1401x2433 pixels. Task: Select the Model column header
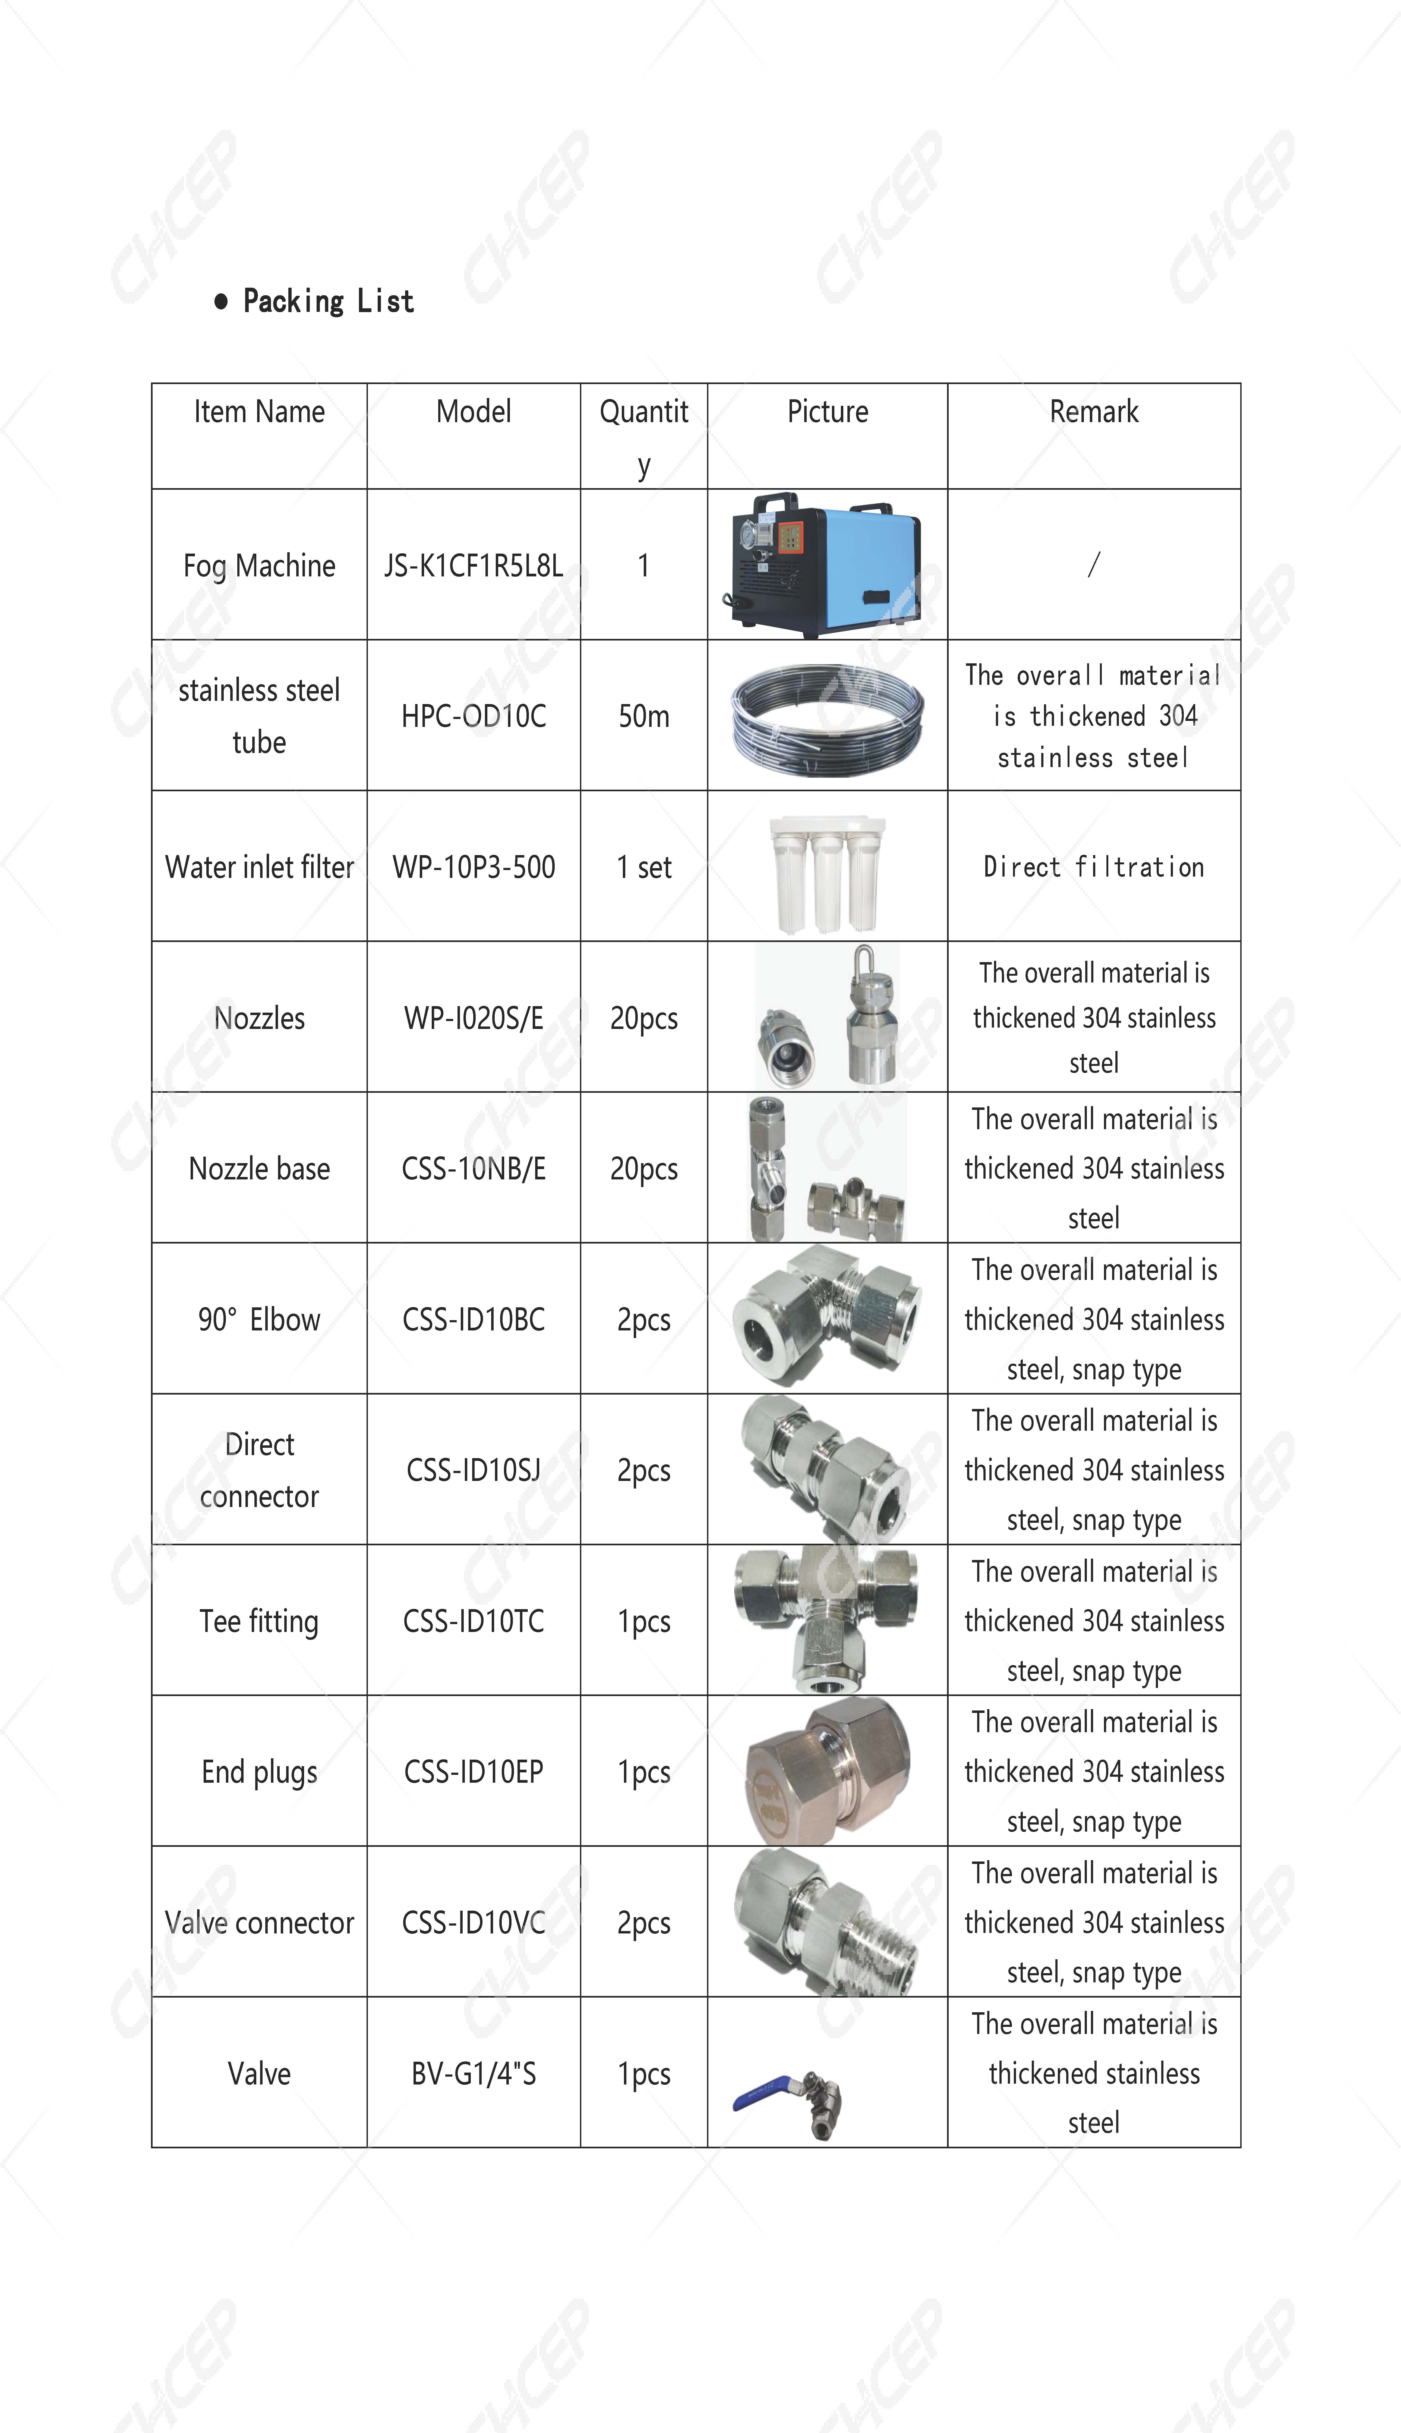[x=474, y=412]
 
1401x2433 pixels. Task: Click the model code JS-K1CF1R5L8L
[x=474, y=566]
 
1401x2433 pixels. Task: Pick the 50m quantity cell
[x=644, y=716]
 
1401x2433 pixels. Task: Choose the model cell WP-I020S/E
[x=474, y=1018]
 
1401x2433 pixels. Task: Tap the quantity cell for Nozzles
[x=644, y=1018]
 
